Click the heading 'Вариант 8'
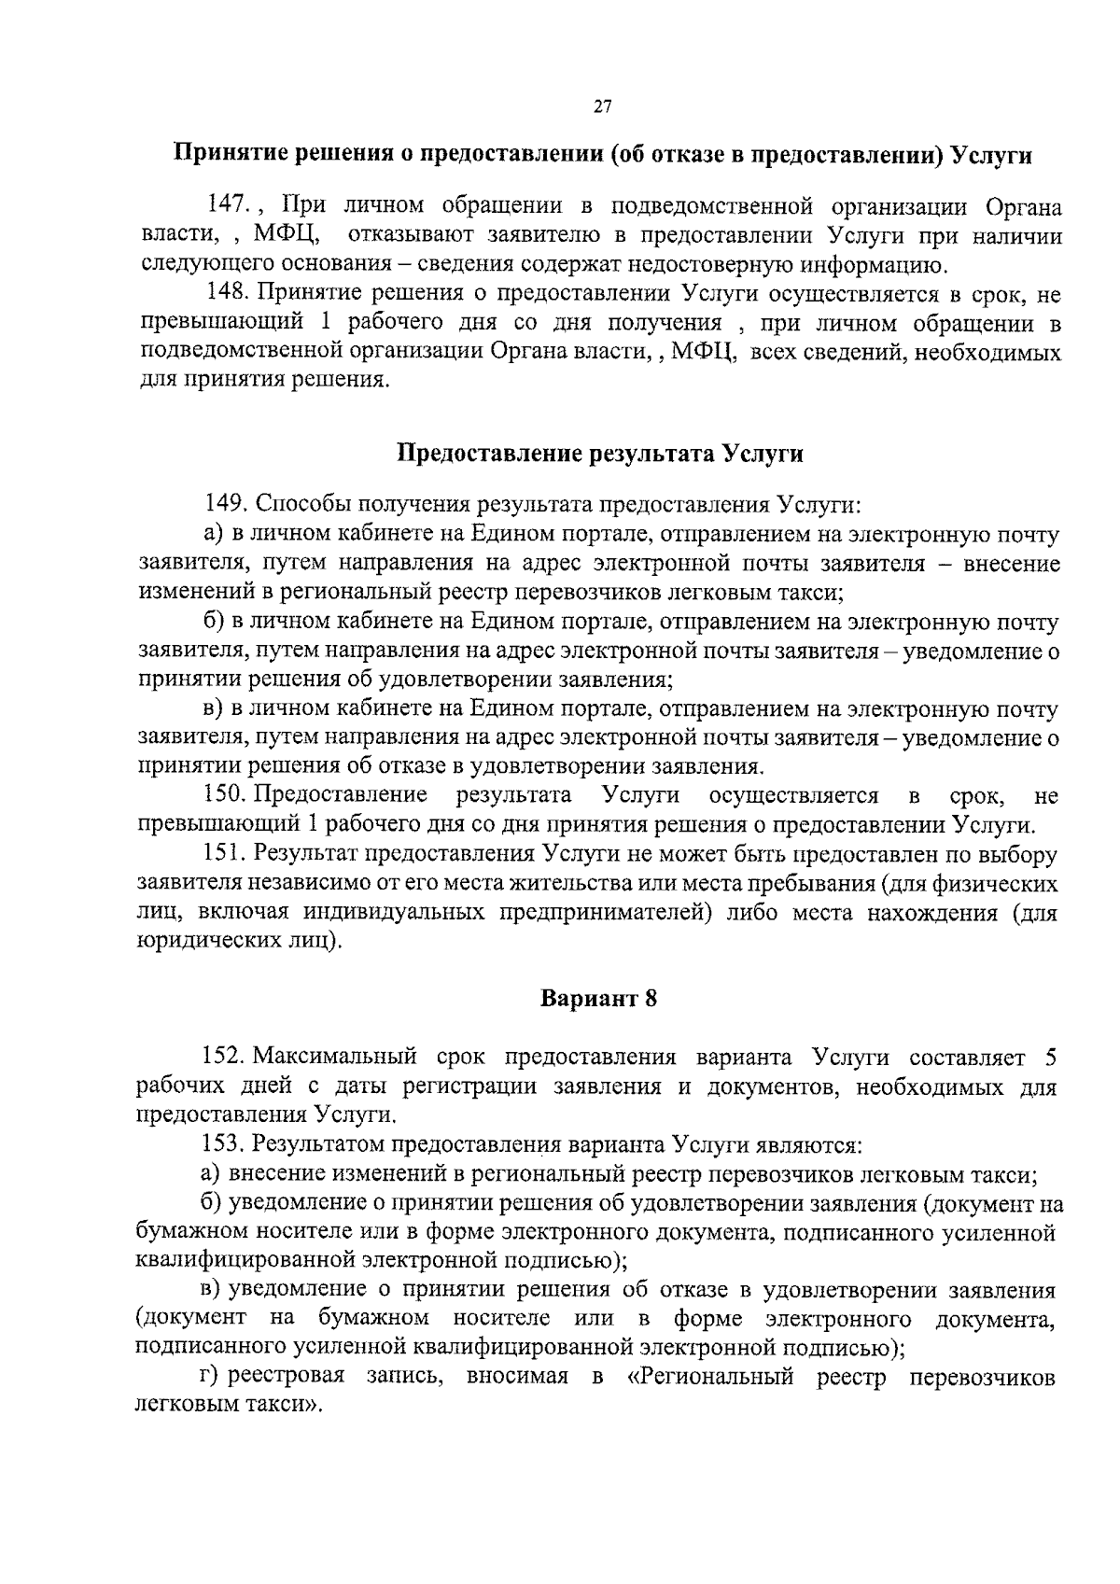tap(599, 999)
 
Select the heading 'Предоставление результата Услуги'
tap(600, 454)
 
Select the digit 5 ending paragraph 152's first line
tap(1049, 1058)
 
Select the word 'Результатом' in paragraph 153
tap(318, 1144)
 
